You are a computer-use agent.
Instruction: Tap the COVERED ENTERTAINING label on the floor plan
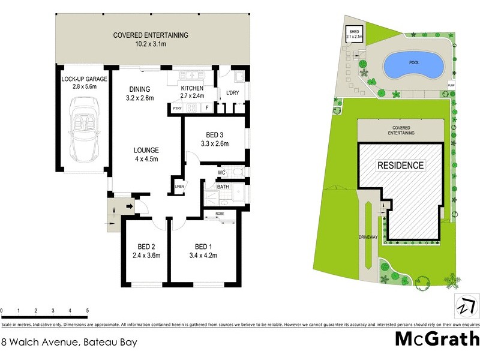click(x=151, y=35)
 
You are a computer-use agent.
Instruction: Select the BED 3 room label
click(x=213, y=134)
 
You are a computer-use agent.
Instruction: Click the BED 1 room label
click(x=204, y=247)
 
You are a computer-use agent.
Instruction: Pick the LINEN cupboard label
click(x=179, y=187)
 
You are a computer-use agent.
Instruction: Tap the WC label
click(x=221, y=173)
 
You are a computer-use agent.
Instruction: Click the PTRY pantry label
click(x=177, y=108)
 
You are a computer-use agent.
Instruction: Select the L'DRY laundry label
click(x=232, y=93)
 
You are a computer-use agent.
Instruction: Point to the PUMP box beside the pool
click(x=451, y=85)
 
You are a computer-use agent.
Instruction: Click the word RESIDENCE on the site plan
click(x=400, y=165)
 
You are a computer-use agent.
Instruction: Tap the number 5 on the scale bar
click(x=88, y=310)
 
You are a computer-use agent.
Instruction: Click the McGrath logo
click(x=436, y=339)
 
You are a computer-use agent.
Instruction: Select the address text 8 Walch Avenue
click(x=69, y=343)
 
